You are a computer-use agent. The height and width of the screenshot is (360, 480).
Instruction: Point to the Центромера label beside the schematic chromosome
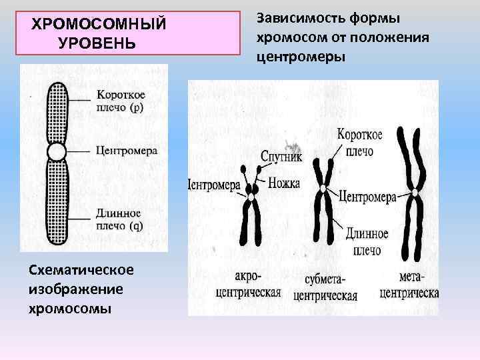[127, 151]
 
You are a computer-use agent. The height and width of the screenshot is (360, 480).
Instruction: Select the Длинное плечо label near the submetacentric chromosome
[367, 241]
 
